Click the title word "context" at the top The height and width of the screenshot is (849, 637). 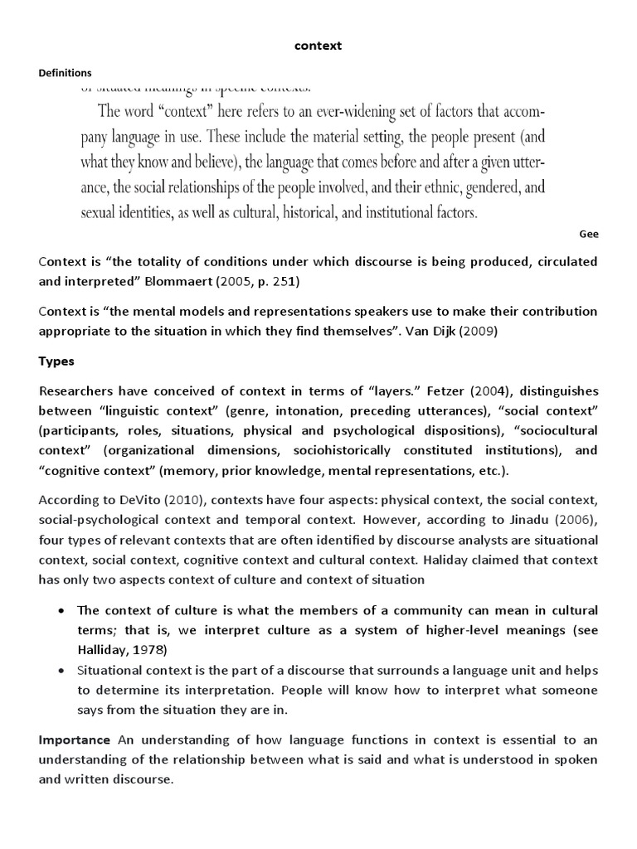point(318,46)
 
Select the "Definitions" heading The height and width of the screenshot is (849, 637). point(66,73)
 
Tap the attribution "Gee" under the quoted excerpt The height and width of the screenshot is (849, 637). point(589,234)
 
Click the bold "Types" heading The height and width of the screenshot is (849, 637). point(56,361)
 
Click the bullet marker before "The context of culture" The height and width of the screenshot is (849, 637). point(63,611)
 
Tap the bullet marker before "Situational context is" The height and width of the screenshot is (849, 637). point(63,670)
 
